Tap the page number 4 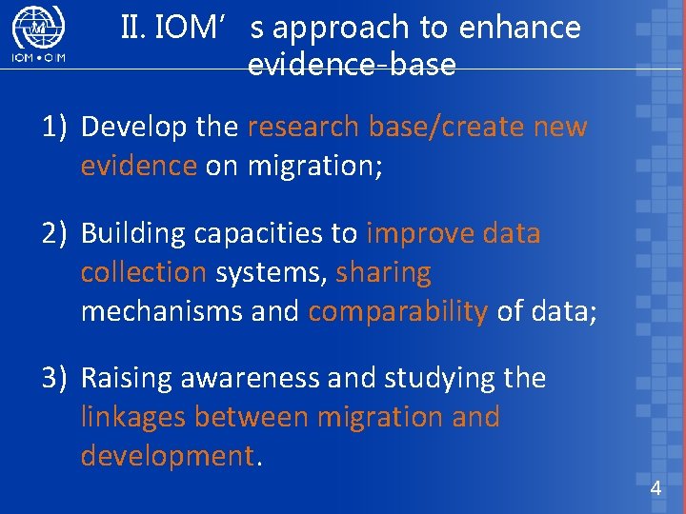pyautogui.click(x=655, y=489)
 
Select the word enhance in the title pyautogui.click(x=519, y=29)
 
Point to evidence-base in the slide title pyautogui.click(x=352, y=66)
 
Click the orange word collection pyautogui.click(x=143, y=273)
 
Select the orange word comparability pyautogui.click(x=397, y=312)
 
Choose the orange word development pyautogui.click(x=168, y=457)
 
